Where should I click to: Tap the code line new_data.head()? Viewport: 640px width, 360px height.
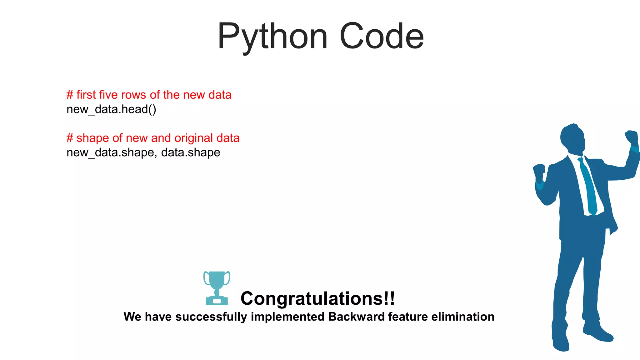[111, 109]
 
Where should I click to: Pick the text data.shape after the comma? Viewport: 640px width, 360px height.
[191, 152]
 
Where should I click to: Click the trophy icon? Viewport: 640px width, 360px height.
[217, 288]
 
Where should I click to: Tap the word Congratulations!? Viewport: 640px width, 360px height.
[317, 298]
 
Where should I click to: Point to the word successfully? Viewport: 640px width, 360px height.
[211, 317]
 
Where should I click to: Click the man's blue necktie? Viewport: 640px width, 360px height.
[588, 187]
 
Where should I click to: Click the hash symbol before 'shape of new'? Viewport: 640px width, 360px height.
[70, 138]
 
